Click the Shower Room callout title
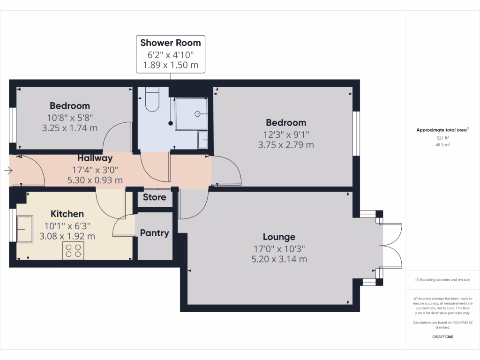click(x=171, y=43)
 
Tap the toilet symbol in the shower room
click(x=153, y=100)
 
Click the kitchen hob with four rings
click(x=73, y=251)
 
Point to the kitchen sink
click(x=25, y=229)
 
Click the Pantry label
click(x=154, y=233)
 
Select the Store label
click(x=154, y=197)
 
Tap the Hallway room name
click(x=95, y=158)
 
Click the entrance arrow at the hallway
click(x=8, y=171)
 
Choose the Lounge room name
click(x=279, y=237)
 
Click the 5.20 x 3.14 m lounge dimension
click(x=279, y=259)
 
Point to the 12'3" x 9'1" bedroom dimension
click(x=286, y=135)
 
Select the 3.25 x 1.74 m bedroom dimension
click(x=70, y=127)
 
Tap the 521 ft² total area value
click(x=442, y=138)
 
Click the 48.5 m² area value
click(x=442, y=145)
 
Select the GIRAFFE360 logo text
click(x=442, y=337)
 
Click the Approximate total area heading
click(x=442, y=130)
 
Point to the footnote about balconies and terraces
click(x=442, y=280)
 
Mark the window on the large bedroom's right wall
click(x=356, y=133)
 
